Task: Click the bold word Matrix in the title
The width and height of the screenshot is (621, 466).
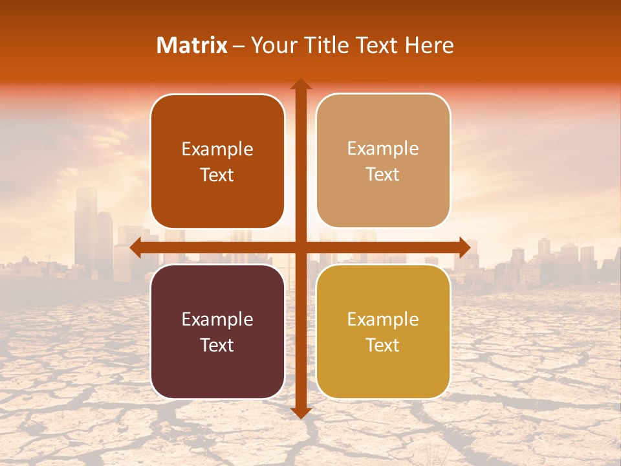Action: click(x=192, y=45)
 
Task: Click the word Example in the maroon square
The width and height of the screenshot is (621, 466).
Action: click(x=217, y=319)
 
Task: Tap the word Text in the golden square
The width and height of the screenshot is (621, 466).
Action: click(x=383, y=345)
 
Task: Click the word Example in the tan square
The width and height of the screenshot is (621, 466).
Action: click(x=383, y=148)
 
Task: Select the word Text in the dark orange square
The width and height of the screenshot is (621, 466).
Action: click(x=217, y=175)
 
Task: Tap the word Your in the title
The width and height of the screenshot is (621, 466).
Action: click(x=272, y=45)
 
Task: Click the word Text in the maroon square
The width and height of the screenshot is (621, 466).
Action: click(x=217, y=345)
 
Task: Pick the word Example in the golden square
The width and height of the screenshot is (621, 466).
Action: click(x=383, y=319)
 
